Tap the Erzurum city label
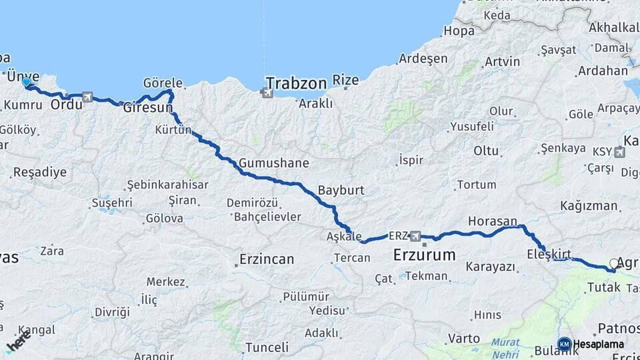click(x=424, y=255)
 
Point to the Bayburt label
click(x=341, y=190)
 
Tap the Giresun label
click(x=148, y=107)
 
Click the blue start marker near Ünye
click(x=26, y=82)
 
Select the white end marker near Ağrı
click(x=615, y=264)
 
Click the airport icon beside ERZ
click(x=416, y=236)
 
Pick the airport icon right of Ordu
click(x=87, y=97)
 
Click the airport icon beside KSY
click(x=620, y=152)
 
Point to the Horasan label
click(x=493, y=221)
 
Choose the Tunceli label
click(x=267, y=347)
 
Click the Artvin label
click(x=503, y=62)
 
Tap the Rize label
click(x=345, y=81)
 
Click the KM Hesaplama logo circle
click(x=564, y=344)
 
